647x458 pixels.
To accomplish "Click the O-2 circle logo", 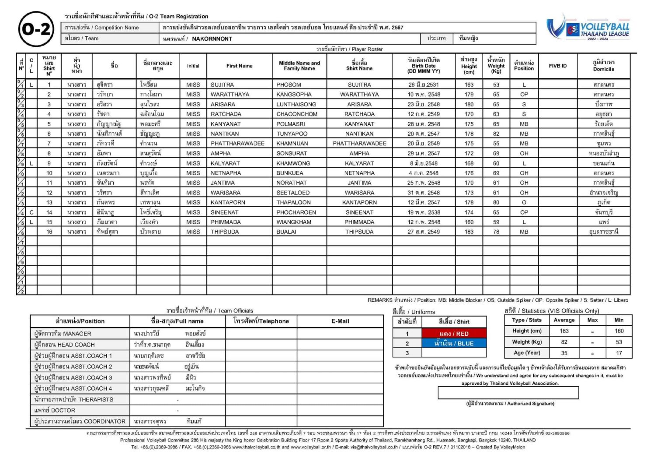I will tap(36, 29).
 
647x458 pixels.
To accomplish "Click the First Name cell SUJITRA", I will tap(222, 85).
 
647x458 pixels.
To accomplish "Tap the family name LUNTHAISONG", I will tap(296, 104).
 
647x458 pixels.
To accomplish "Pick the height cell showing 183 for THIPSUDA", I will tap(469, 232).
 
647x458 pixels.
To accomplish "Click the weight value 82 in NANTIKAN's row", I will tap(496, 134).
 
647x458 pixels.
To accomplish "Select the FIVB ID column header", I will tap(557, 66).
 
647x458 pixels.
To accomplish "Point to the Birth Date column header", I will tap(423, 66).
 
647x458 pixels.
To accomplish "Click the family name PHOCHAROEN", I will tap(296, 212).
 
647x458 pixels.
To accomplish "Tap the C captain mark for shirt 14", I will tap(31, 212).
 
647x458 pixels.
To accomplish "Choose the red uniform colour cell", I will tap(454, 333).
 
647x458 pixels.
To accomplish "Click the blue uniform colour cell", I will tap(454, 344).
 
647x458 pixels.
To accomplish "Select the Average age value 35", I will tap(564, 353).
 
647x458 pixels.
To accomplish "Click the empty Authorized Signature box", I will tap(508, 393).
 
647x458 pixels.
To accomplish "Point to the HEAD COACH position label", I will tap(64, 345).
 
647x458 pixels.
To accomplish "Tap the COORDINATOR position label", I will tap(80, 421).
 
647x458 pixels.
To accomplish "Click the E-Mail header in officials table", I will tap(340, 321).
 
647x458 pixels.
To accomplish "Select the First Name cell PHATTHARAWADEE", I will tap(237, 143).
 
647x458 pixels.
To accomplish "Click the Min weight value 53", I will tap(619, 342).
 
